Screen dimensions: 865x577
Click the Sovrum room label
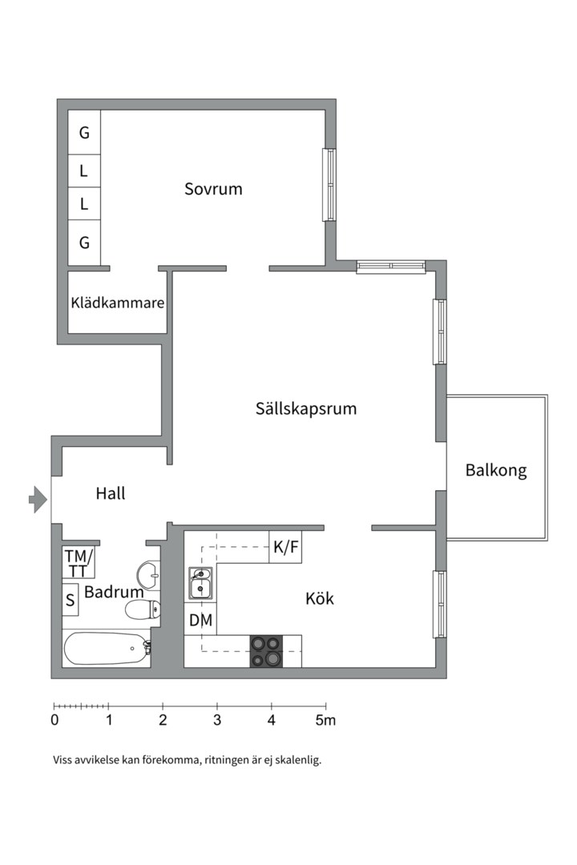213,190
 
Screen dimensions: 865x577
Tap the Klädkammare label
117,304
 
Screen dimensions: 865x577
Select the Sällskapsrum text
305,408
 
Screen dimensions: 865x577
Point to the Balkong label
496,470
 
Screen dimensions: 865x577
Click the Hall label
110,493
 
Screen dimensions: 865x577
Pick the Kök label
320,598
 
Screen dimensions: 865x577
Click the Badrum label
114,593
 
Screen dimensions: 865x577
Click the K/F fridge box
285,548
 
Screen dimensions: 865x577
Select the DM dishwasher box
200,619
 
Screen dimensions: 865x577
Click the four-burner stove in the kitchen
266,650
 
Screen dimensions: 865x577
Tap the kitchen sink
200,583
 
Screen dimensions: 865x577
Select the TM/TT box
79,562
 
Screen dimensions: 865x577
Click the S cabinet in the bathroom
71,599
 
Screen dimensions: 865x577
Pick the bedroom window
329,185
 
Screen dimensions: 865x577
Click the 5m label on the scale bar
325,720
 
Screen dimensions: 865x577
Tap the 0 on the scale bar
54,720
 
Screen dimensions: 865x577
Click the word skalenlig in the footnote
297,760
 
